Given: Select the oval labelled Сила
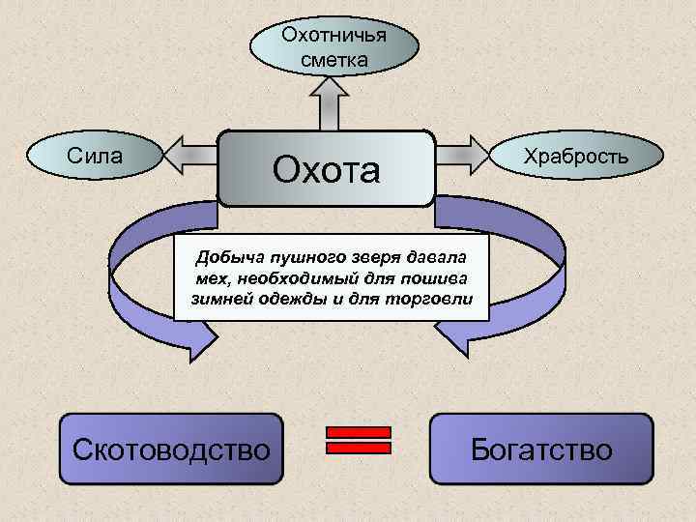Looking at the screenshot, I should tap(94, 155).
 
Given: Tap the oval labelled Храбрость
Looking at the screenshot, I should tap(576, 156).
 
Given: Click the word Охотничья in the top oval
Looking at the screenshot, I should tap(333, 36).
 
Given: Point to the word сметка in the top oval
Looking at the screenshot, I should tap(333, 60).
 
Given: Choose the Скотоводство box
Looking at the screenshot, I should tap(172, 449).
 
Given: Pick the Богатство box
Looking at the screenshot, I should tap(541, 449).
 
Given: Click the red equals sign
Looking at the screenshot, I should tap(359, 440).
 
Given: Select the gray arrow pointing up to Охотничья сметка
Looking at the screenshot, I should tap(329, 101).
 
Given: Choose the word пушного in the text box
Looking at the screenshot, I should tap(299, 258).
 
